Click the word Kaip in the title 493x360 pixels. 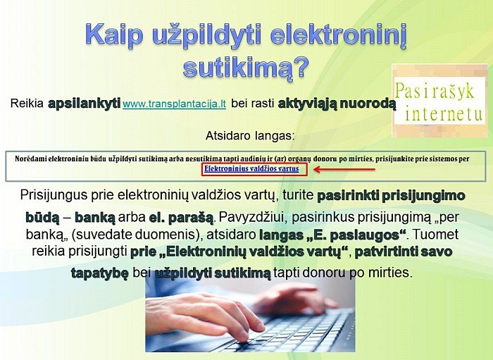(114, 35)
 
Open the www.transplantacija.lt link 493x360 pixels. (174, 104)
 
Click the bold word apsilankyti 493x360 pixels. (85, 103)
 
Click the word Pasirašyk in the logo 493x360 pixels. (435, 92)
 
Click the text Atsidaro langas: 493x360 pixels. (250, 136)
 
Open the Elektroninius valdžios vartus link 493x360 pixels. (251, 169)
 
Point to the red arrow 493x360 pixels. (344, 170)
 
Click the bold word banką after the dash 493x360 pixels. (95, 218)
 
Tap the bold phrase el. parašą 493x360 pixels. (181, 218)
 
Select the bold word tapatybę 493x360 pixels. (100, 273)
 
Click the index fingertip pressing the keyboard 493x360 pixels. (243, 337)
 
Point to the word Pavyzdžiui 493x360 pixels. (251, 218)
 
